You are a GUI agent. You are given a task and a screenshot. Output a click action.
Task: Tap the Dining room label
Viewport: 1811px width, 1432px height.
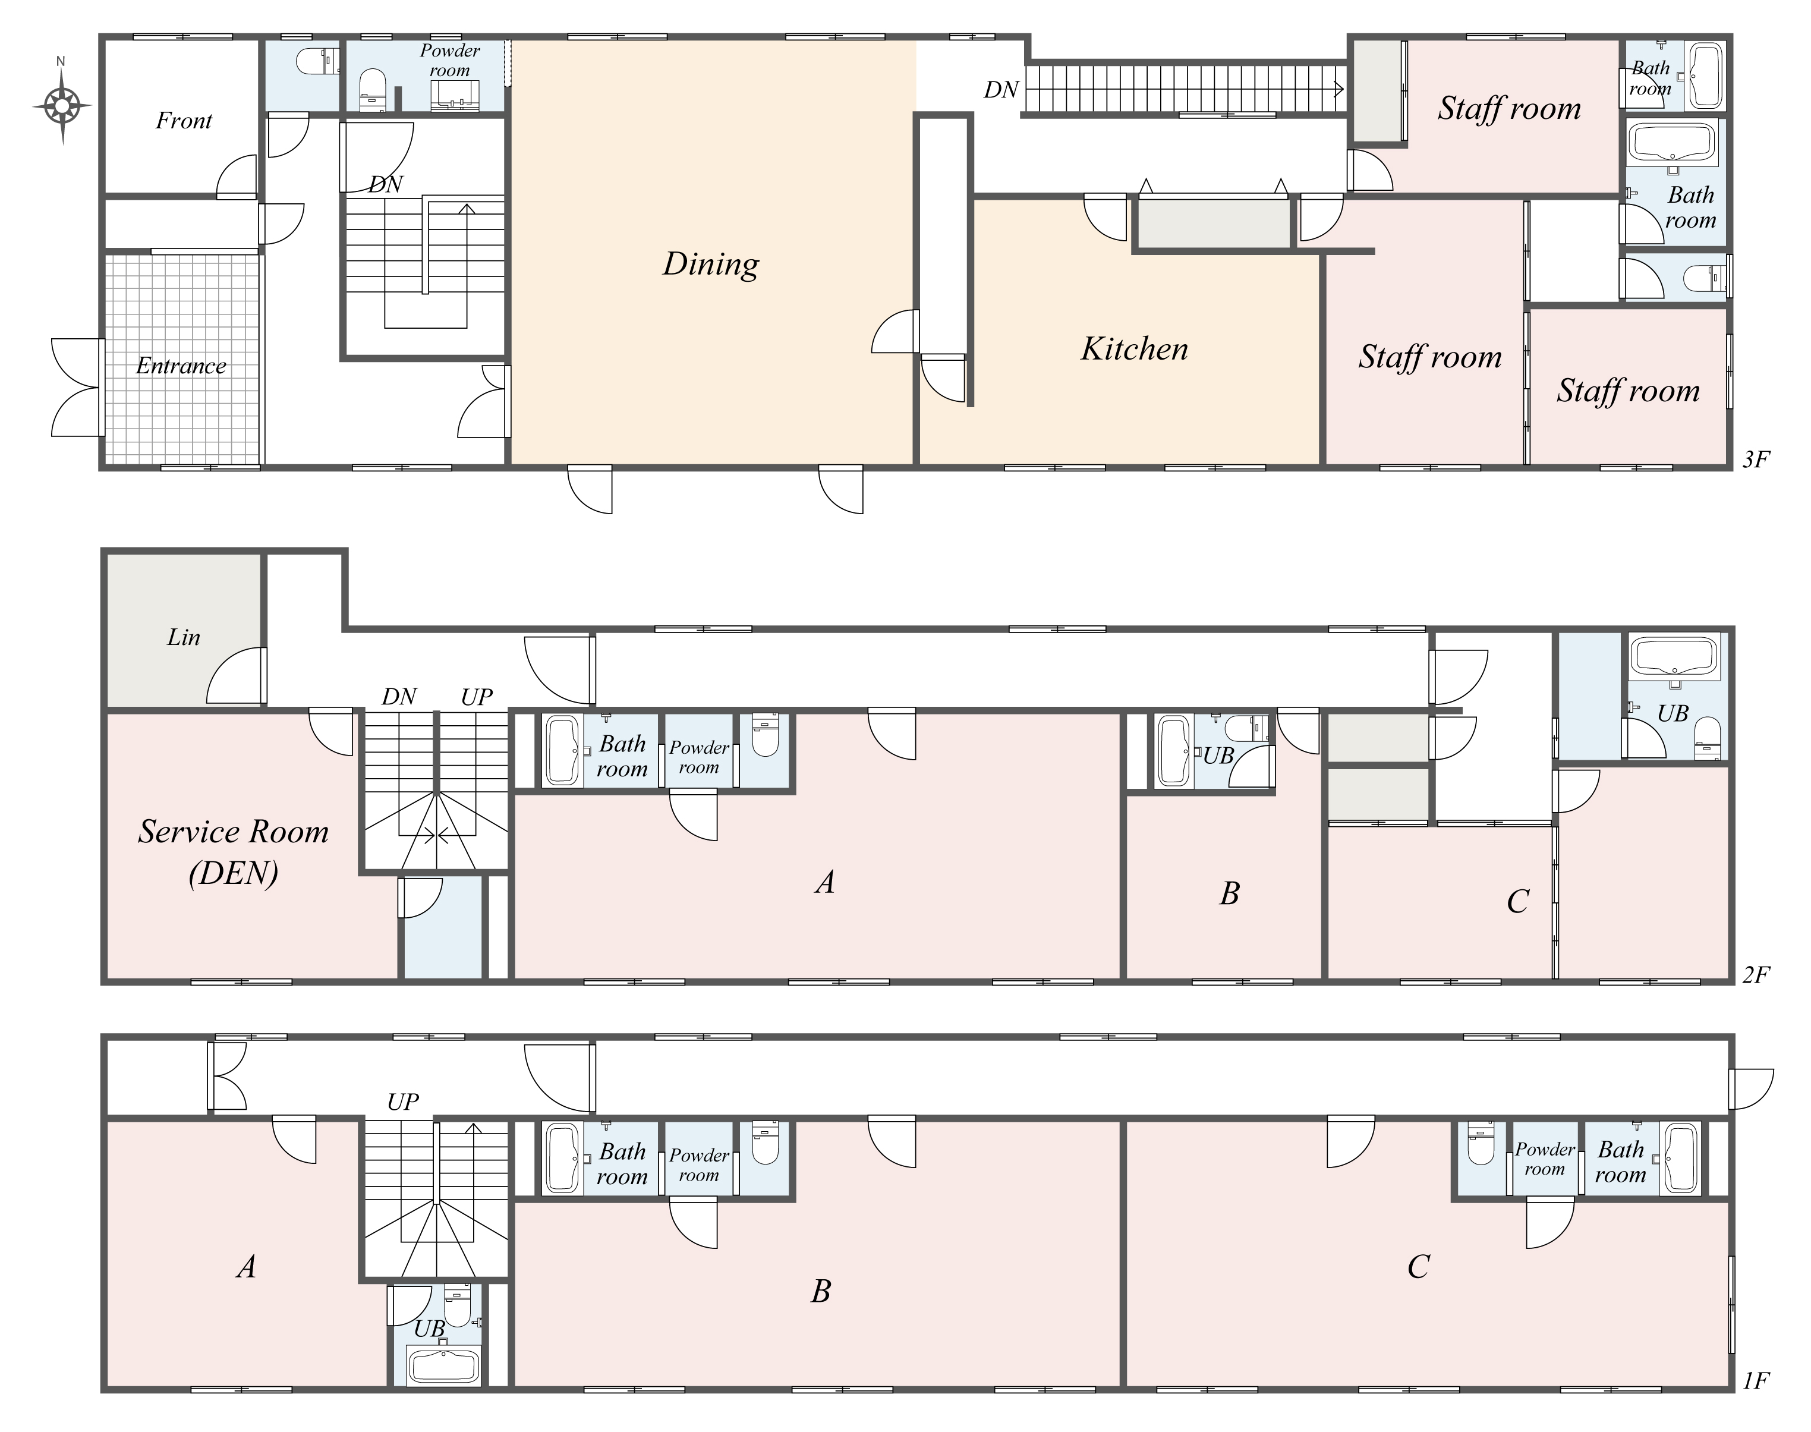[711, 264]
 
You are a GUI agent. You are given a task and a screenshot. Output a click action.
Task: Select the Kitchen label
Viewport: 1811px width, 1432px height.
[1135, 349]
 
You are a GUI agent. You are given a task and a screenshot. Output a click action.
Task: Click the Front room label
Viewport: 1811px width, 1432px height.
[184, 121]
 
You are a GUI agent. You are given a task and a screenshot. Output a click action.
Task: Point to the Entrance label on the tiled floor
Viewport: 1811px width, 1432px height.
[181, 366]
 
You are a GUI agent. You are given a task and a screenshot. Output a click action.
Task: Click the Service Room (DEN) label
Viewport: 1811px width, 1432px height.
[233, 852]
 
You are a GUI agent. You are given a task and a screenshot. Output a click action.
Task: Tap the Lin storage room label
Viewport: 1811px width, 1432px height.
[184, 637]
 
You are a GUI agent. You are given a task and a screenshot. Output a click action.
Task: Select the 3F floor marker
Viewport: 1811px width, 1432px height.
[1756, 459]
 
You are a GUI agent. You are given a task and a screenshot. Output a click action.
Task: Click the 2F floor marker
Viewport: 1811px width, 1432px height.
[1756, 974]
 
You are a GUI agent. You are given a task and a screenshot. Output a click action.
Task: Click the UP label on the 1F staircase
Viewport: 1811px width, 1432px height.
[404, 1101]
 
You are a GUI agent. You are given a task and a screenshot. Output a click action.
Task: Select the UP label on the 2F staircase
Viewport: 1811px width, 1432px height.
[476, 697]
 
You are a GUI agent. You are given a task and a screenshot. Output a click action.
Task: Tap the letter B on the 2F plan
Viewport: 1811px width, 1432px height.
[1229, 894]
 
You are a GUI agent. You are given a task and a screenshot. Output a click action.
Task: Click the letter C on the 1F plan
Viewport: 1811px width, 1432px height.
[1418, 1267]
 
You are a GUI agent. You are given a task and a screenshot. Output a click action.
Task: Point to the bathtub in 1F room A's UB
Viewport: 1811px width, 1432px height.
[443, 1367]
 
